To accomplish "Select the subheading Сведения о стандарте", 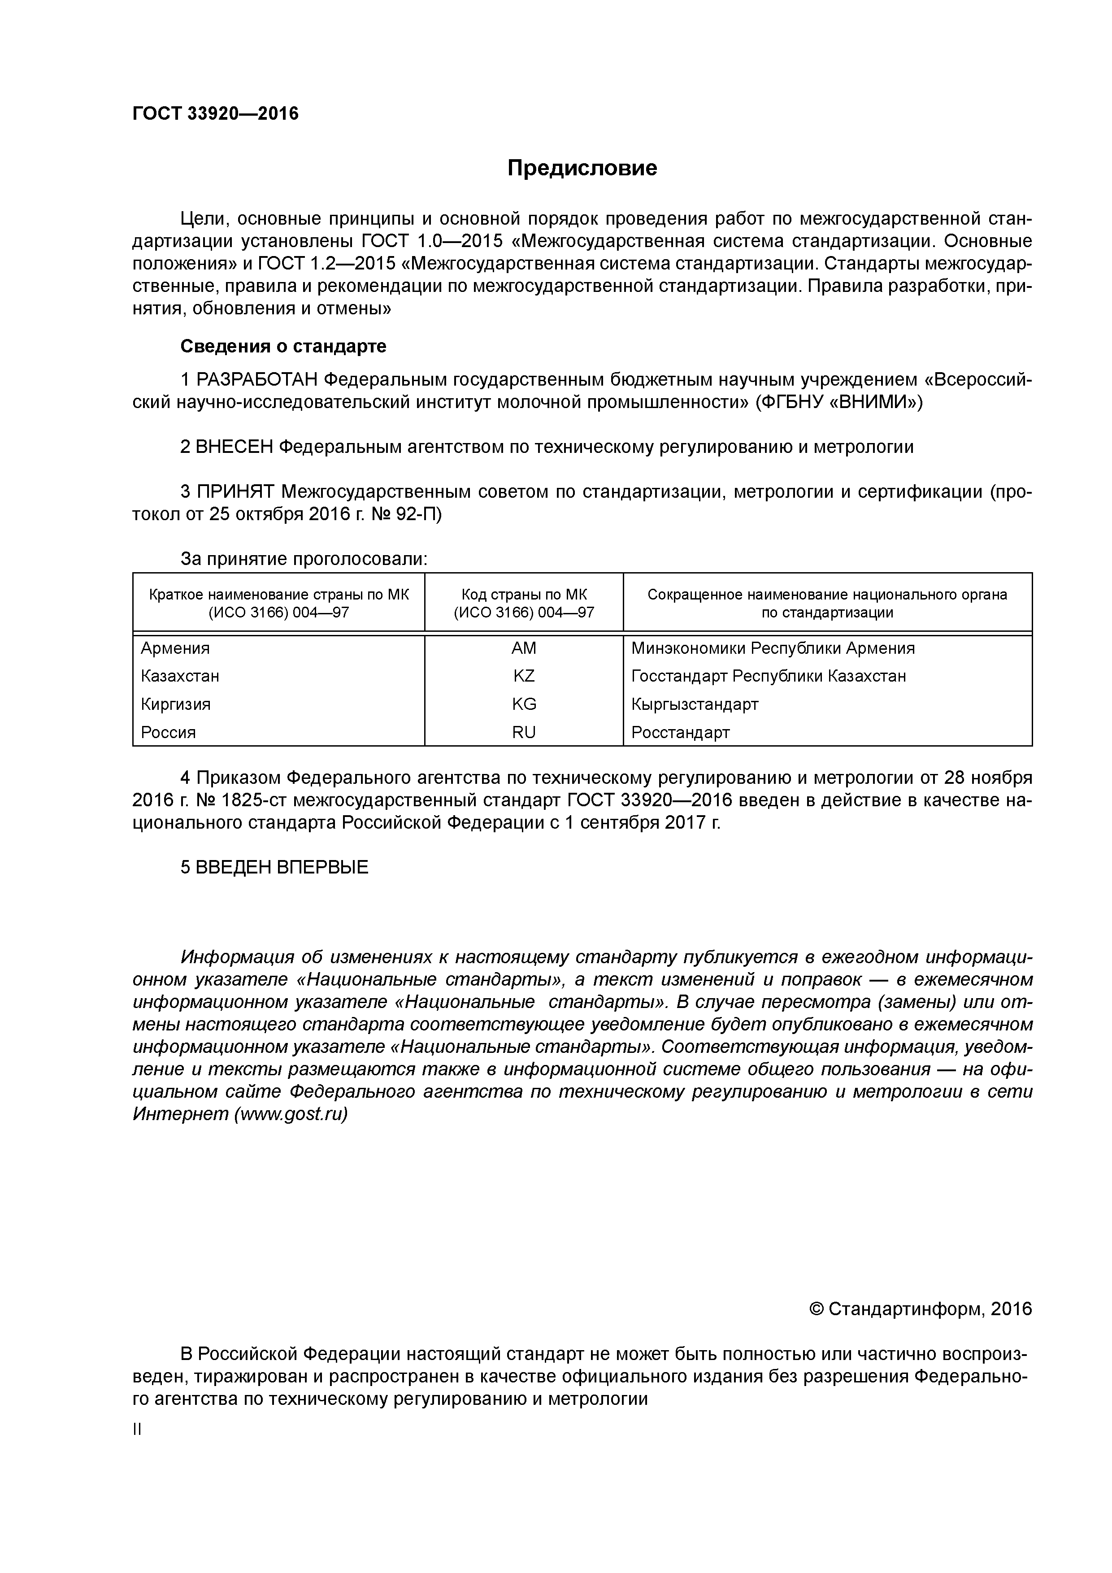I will pos(283,347).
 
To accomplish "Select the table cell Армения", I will pos(175,648).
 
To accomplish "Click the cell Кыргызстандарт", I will pos(695,704).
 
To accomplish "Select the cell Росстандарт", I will pos(680,732).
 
